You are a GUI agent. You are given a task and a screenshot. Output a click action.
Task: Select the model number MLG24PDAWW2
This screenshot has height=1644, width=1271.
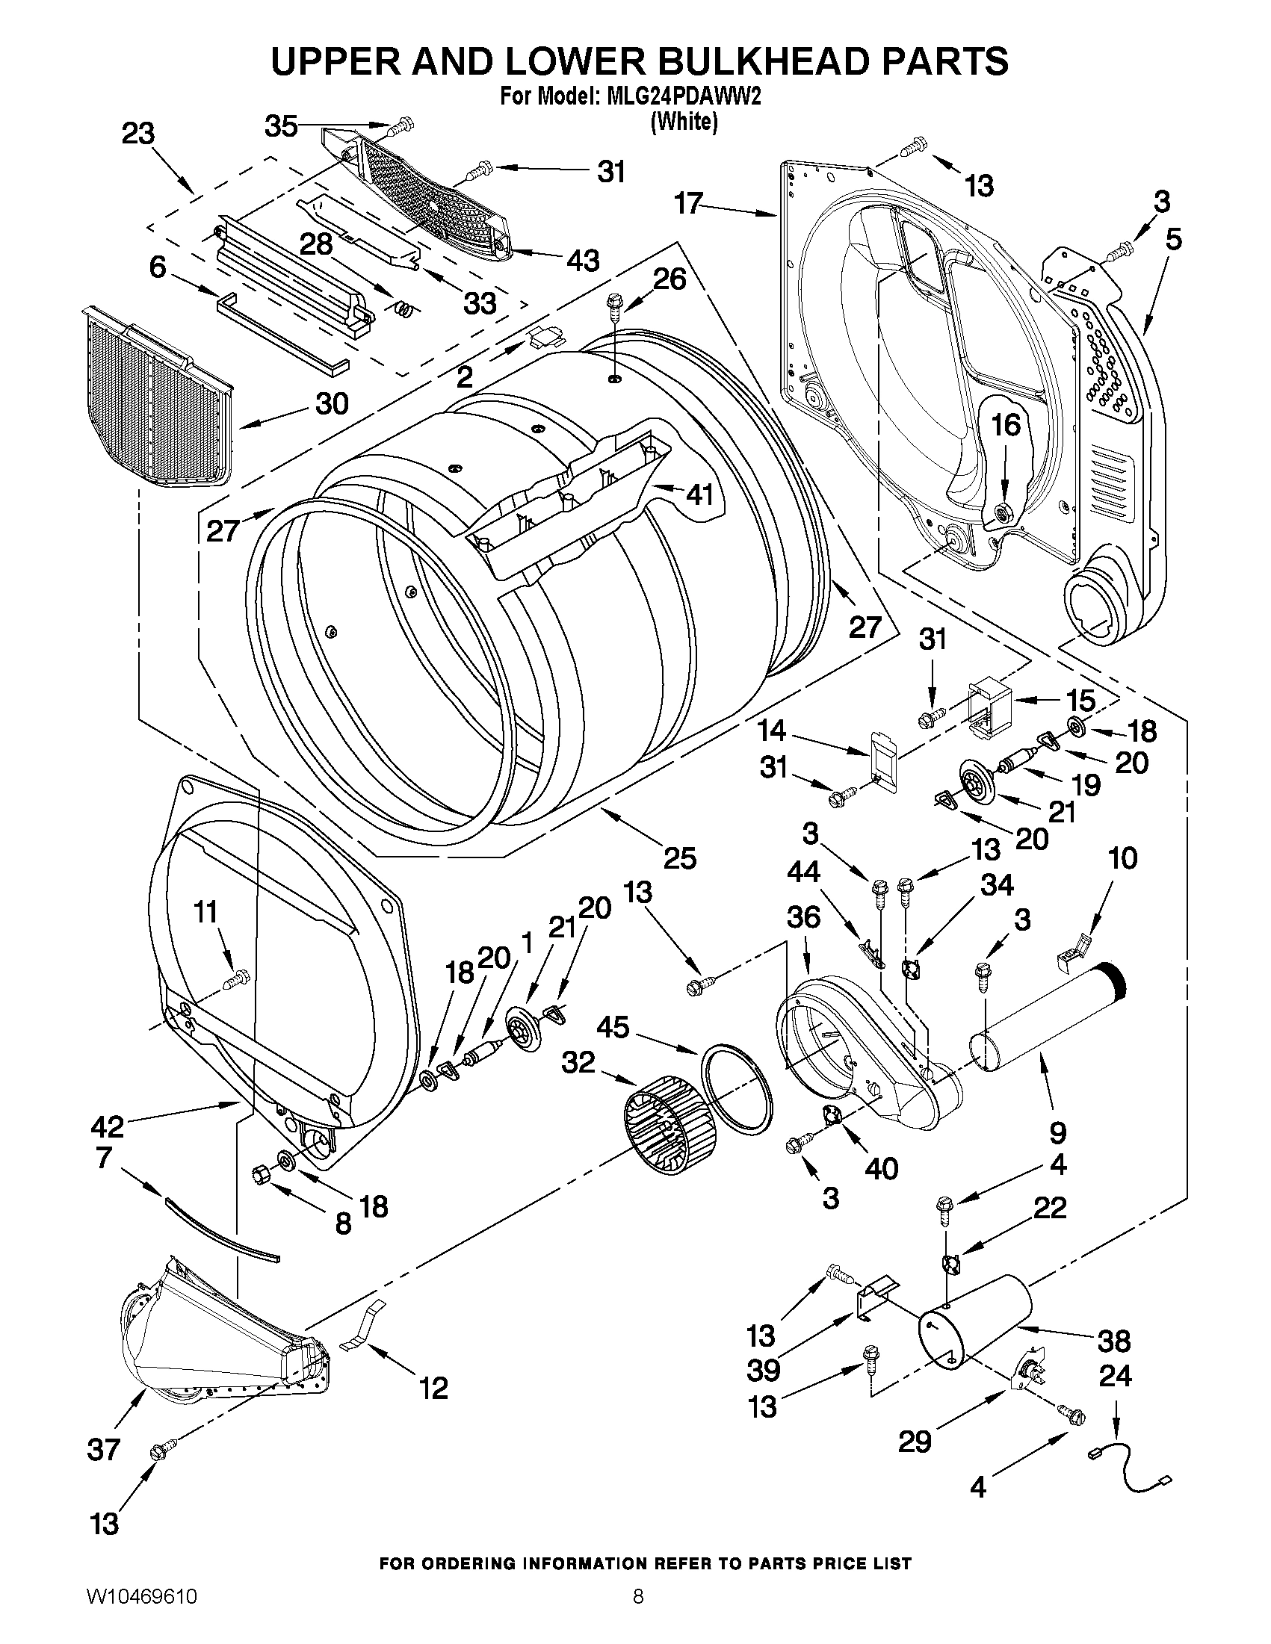coord(683,98)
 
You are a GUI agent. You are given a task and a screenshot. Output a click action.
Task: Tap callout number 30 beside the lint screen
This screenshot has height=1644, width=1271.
coord(331,404)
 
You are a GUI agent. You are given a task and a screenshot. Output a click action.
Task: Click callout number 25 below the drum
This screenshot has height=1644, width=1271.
coord(679,857)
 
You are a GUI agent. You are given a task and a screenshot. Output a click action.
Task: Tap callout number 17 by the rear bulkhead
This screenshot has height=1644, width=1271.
coord(688,203)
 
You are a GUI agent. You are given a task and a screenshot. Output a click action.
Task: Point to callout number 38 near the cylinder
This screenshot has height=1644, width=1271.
coord(1113,1341)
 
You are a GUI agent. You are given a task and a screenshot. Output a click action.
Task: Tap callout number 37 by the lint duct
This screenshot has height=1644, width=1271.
coord(103,1449)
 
